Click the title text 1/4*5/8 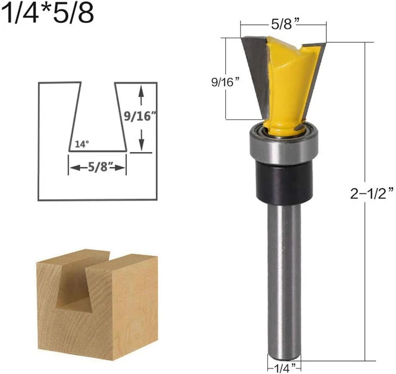(x=48, y=14)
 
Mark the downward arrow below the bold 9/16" (x=142, y=143)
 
